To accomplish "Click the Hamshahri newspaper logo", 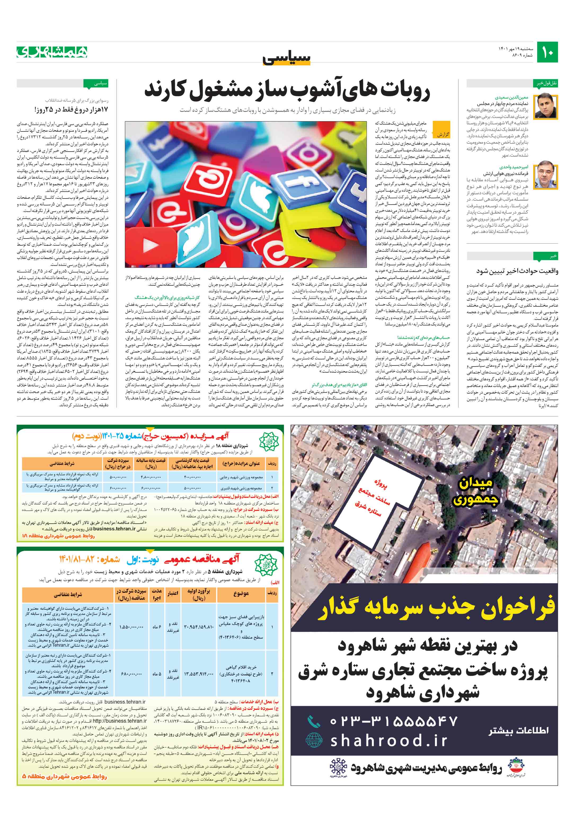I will (52, 52).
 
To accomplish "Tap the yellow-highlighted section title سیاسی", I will (287, 58).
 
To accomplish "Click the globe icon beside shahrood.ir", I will (314, 741).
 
